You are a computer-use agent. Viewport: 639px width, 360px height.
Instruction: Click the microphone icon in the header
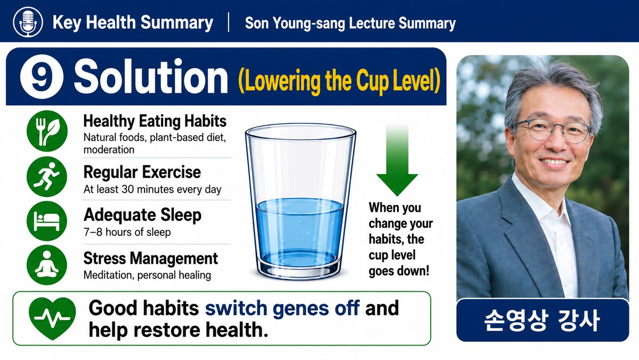coord(28,22)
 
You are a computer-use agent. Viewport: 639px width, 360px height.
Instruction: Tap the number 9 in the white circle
coord(41,77)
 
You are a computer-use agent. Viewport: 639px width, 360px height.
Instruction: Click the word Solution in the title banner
coord(150,77)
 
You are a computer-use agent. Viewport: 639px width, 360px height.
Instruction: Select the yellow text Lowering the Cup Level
coord(339,80)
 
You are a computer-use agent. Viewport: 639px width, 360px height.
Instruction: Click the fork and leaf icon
coord(47,131)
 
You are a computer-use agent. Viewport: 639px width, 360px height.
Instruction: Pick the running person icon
coord(47,177)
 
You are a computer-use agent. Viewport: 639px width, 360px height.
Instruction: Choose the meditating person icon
coord(47,265)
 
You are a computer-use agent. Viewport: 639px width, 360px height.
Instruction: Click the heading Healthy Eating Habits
coord(155,121)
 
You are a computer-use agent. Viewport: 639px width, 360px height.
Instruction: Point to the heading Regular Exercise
coord(142,172)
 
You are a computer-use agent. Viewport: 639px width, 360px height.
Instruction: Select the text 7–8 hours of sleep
coord(127,233)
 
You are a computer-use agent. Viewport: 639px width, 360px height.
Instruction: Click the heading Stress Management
coord(150,259)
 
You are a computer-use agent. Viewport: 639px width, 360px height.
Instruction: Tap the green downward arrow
coord(397,161)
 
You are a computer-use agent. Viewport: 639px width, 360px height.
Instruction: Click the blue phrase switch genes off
coord(282,308)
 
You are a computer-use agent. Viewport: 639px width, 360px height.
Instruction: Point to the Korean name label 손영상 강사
coord(543,321)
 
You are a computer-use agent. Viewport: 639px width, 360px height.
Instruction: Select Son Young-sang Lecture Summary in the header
coord(350,23)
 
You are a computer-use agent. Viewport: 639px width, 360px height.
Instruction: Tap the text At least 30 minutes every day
coord(152,189)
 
